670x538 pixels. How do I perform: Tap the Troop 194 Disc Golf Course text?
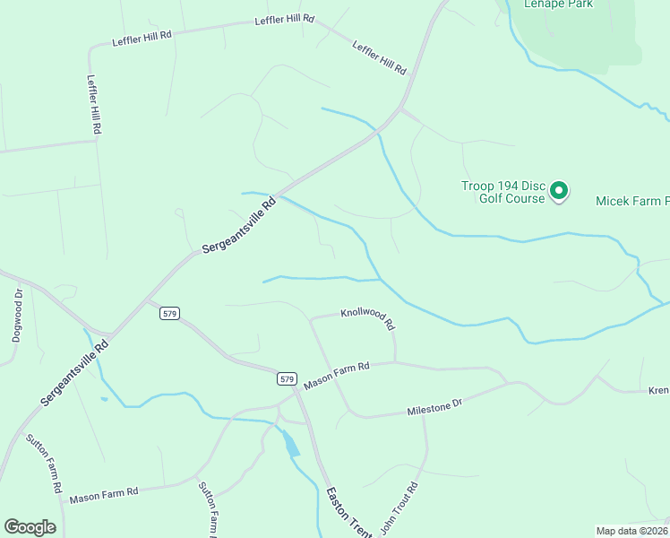point(502,192)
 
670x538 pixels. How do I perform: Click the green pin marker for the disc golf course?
point(559,190)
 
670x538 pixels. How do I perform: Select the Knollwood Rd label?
point(367,315)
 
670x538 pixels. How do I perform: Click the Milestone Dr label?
point(434,408)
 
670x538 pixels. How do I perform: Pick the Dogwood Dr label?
point(18,310)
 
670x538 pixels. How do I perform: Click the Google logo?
point(30,527)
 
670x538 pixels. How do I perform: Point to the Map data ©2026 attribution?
point(632,531)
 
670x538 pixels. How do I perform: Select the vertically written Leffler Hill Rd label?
point(93,104)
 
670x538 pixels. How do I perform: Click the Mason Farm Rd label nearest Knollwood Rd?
point(336,375)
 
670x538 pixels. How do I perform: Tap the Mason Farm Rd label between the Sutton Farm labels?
point(104,493)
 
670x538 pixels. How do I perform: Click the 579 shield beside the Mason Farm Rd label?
point(286,379)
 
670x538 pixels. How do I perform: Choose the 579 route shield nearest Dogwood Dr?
point(171,314)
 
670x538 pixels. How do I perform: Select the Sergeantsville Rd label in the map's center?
point(239,224)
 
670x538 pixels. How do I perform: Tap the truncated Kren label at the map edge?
point(658,391)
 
